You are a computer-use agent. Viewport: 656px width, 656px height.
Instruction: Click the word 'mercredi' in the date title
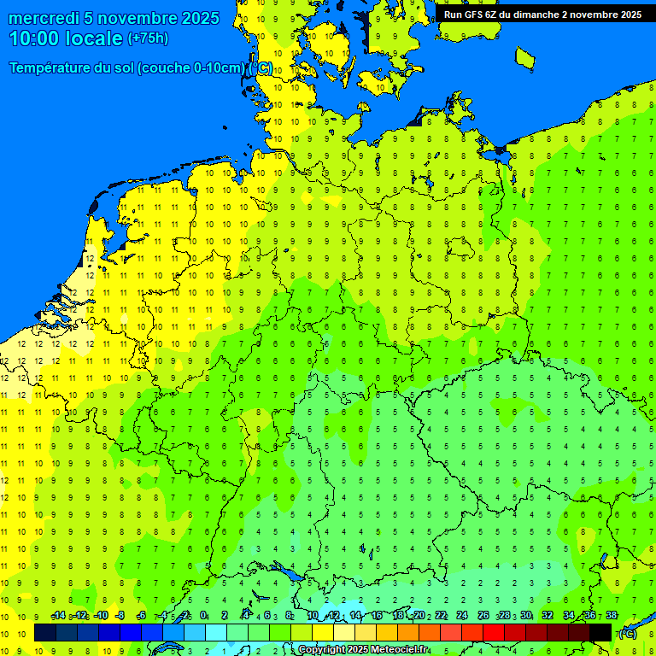[44, 18]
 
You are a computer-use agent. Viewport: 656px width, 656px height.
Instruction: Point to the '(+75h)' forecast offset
[148, 38]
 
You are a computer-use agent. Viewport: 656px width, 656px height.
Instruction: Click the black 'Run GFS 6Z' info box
[542, 15]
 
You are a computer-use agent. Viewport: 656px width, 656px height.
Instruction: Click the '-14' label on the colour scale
[58, 616]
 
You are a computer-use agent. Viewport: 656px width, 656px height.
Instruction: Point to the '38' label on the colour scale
[612, 616]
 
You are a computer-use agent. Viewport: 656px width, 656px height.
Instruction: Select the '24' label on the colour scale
[462, 616]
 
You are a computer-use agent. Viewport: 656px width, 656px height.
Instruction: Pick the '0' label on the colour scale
[203, 616]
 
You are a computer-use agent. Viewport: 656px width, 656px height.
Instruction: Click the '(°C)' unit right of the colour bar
[627, 633]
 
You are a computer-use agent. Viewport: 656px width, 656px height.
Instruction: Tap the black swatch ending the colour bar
[600, 633]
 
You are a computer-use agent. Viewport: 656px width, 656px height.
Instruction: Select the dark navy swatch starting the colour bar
[45, 633]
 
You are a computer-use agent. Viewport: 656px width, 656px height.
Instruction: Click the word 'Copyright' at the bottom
[322, 650]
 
